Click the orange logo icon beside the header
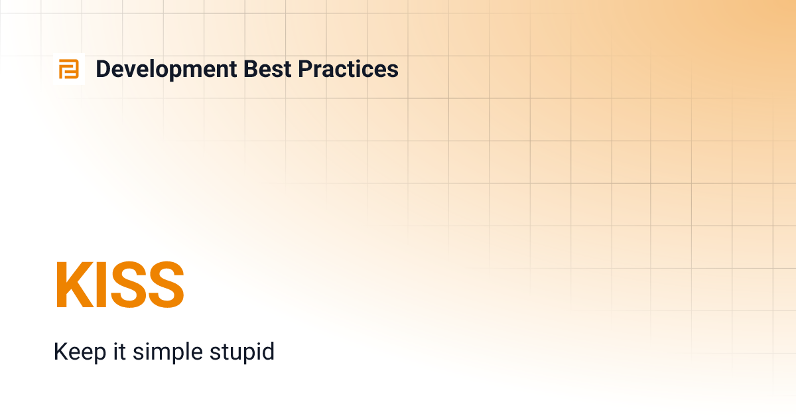[69, 69]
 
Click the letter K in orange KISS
[72, 285]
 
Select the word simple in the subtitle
[163, 352]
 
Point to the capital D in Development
[103, 69]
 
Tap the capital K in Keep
[60, 352]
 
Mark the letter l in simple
[181, 352]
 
